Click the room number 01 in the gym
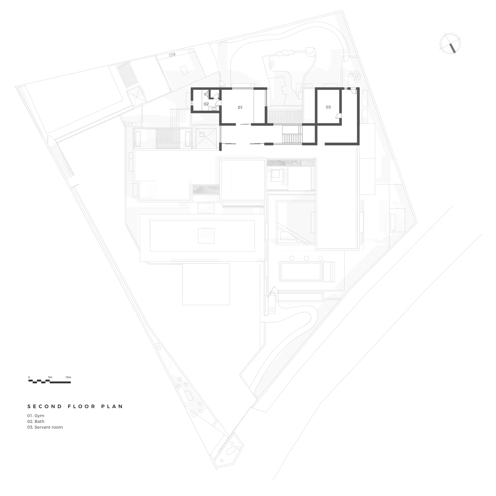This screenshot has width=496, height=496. [x=240, y=107]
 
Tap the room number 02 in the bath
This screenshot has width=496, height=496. [x=206, y=104]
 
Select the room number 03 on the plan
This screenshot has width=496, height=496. [x=328, y=107]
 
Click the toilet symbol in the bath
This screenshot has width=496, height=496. [x=205, y=94]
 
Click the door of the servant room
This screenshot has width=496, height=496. [x=339, y=116]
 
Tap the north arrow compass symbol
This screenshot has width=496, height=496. [x=450, y=44]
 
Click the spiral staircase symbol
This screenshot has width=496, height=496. [x=355, y=76]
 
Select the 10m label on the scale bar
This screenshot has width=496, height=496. [x=68, y=377]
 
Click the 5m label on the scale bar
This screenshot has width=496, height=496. [x=50, y=377]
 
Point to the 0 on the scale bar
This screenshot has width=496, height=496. [x=29, y=377]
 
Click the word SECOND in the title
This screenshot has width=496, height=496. [x=45, y=406]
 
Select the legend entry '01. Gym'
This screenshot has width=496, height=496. [x=36, y=416]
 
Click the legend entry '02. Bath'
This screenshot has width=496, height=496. [x=36, y=422]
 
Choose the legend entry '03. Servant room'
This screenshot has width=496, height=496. [x=45, y=428]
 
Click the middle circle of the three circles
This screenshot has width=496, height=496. [x=306, y=258]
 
